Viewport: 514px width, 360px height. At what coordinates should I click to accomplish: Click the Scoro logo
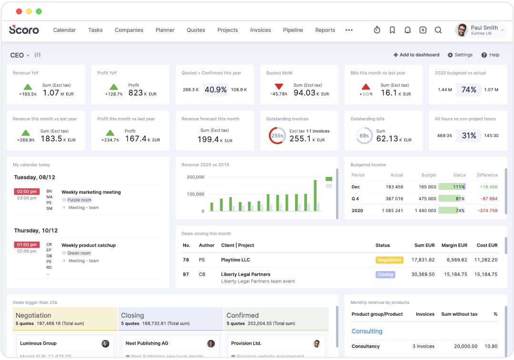tap(24, 29)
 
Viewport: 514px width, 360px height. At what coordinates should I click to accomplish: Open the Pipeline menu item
tap(293, 30)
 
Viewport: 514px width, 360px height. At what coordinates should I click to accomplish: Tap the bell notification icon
tap(407, 30)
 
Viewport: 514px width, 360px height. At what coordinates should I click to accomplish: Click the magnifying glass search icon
tap(438, 30)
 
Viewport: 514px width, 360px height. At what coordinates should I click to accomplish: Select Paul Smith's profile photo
tap(461, 30)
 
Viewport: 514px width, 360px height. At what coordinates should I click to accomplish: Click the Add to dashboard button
tap(416, 55)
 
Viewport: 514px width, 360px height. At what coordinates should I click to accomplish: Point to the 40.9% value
tap(215, 89)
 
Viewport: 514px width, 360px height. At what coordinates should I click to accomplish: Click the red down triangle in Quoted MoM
tap(279, 87)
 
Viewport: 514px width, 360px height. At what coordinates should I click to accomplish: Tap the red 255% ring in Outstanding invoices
tap(277, 136)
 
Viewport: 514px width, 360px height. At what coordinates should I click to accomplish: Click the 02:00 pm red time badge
tap(27, 192)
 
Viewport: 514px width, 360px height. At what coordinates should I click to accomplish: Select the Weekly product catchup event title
tap(89, 245)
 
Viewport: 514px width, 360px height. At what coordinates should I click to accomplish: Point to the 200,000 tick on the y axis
tap(195, 177)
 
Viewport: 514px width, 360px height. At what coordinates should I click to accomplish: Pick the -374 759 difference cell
tap(488, 211)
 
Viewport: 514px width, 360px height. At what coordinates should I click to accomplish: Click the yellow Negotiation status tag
tap(389, 260)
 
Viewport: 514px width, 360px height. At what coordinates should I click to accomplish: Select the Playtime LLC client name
tap(235, 260)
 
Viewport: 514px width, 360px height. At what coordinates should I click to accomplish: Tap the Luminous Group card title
tap(38, 343)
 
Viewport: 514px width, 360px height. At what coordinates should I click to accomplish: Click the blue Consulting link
tap(366, 331)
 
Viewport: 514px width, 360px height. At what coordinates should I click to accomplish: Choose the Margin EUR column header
tap(454, 245)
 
